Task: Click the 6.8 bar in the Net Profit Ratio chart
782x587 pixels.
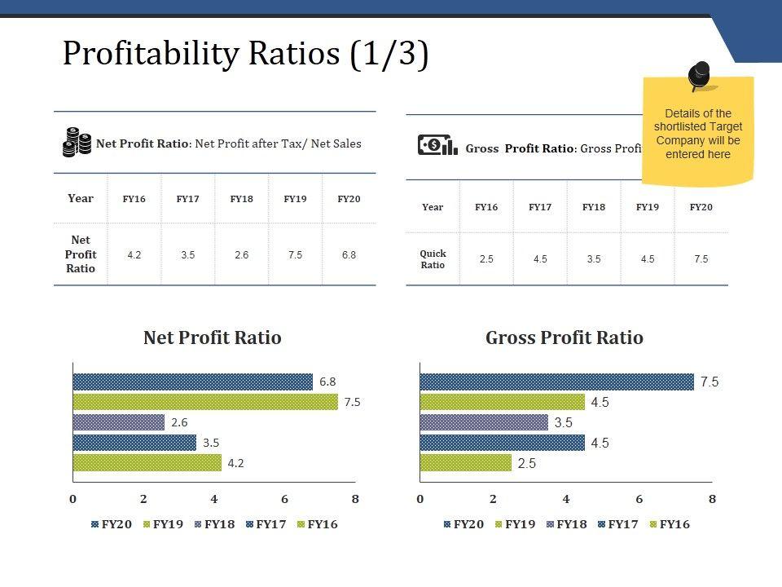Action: [x=192, y=382]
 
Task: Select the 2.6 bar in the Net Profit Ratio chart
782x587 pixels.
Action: [x=118, y=422]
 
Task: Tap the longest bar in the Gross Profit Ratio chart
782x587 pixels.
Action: [x=556, y=382]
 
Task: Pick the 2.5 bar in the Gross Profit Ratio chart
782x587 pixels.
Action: [x=465, y=463]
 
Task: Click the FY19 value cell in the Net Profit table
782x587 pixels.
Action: [x=295, y=255]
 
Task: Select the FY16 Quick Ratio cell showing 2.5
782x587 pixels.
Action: [x=486, y=259]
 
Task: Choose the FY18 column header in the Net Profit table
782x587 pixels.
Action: [x=241, y=199]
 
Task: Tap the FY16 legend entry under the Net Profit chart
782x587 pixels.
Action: [x=318, y=524]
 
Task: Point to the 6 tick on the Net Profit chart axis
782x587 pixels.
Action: [x=284, y=499]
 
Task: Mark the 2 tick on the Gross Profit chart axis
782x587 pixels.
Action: [x=493, y=499]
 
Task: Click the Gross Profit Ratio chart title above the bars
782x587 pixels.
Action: [x=564, y=338]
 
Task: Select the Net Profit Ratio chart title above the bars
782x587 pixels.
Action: [x=212, y=338]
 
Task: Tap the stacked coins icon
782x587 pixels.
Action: [x=77, y=143]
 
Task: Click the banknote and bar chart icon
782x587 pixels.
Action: [x=437, y=146]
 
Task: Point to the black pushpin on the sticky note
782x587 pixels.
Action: [x=699, y=76]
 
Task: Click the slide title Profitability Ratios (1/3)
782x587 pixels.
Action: [x=245, y=54]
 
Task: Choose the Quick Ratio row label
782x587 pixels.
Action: [x=433, y=259]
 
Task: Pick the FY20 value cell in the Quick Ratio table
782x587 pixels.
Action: [x=701, y=259]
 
